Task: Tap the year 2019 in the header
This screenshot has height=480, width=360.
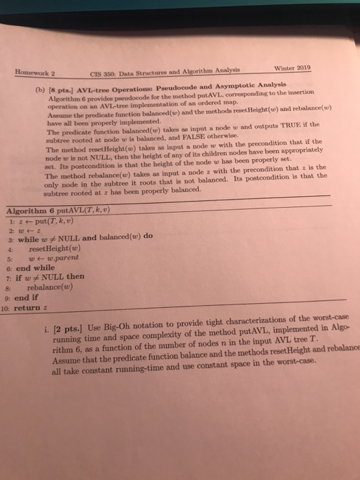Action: pyautogui.click(x=300, y=67)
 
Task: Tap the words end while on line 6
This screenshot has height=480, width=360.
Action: pyautogui.click(x=32, y=269)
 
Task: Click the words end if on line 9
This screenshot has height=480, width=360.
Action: pyautogui.click(x=23, y=298)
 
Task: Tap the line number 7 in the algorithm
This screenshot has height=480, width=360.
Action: pyautogui.click(x=8, y=278)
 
